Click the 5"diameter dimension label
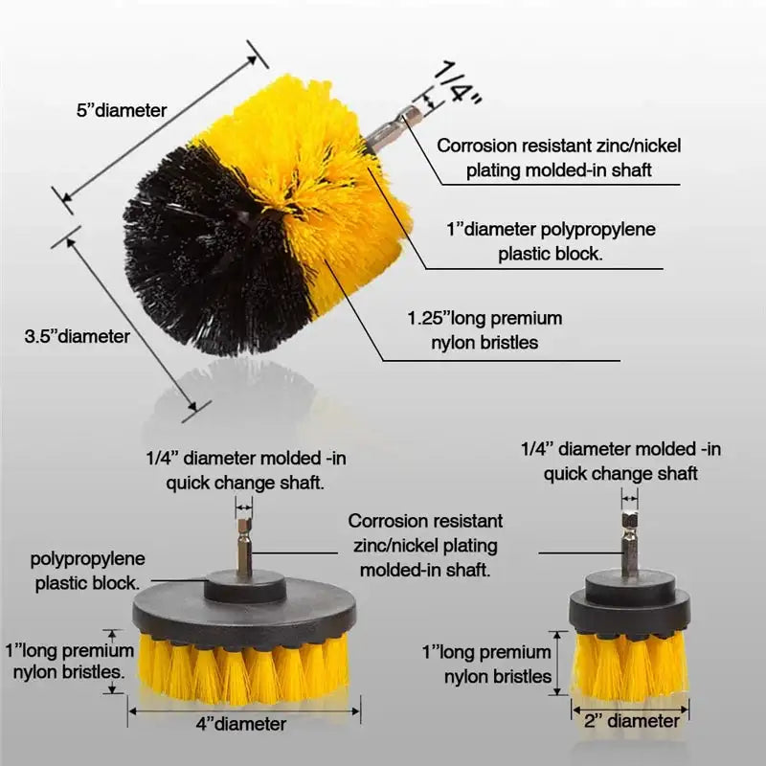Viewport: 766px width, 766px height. (121, 110)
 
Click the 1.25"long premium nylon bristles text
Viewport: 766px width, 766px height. (484, 330)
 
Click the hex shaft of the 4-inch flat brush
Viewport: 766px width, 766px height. (244, 546)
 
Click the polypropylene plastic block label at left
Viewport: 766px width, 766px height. (87, 569)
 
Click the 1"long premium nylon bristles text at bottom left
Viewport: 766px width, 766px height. (65, 660)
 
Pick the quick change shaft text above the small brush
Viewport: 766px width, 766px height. (620, 473)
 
